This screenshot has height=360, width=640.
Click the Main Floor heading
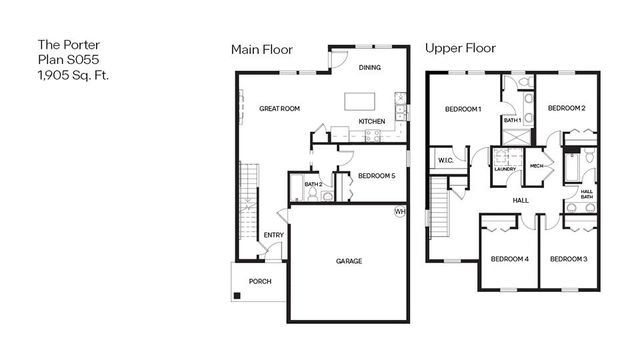pos(263,49)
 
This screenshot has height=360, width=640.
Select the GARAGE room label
pos(349,261)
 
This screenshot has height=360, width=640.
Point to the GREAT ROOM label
pos(280,108)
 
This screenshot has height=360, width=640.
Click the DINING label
pos(370,68)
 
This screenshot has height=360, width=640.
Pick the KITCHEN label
pos(372,122)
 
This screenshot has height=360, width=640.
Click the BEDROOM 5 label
pos(377,176)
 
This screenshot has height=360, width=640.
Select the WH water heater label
pos(400,211)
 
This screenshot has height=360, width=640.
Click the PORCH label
pos(260,281)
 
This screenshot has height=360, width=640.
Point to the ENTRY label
pos(273,235)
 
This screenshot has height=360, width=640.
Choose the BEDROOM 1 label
pos(464,108)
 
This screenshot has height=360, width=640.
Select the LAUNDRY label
pos(504,169)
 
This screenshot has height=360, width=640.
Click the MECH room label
pos(537,165)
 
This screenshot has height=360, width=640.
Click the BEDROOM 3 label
pos(568,259)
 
